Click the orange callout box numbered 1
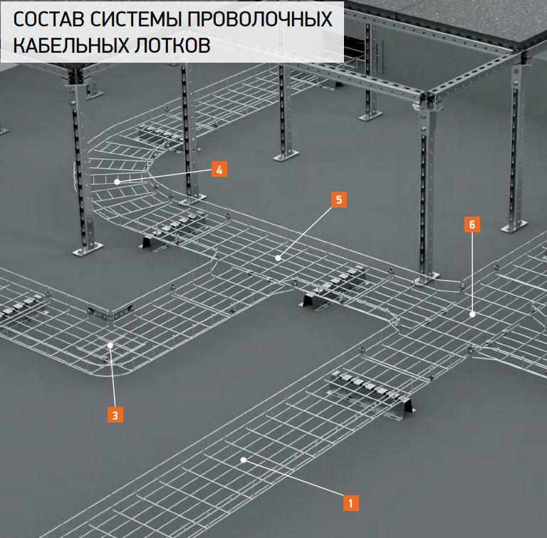(x=351, y=503)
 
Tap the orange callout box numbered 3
(x=115, y=415)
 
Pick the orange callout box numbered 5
(x=339, y=200)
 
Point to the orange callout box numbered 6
(x=472, y=224)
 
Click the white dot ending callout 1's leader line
(x=244, y=460)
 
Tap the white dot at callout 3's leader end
(x=110, y=346)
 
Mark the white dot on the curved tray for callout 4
(x=118, y=182)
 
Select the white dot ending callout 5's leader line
(x=278, y=258)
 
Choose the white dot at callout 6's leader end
(x=472, y=314)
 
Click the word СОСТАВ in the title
(x=48, y=19)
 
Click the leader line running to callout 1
(x=293, y=477)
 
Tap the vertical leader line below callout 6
(x=472, y=274)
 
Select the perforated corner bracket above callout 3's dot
(x=110, y=313)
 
